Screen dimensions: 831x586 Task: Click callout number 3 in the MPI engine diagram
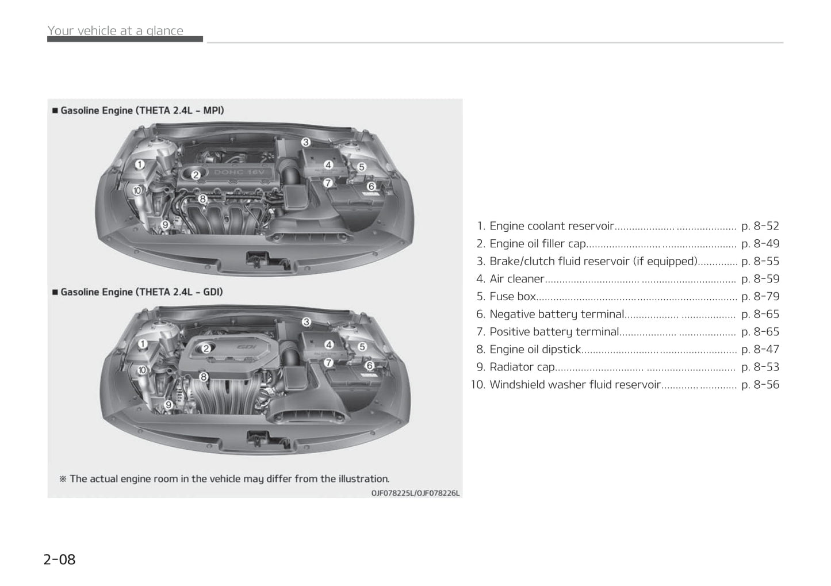(306, 142)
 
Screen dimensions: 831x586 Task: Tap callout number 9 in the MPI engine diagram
(166, 224)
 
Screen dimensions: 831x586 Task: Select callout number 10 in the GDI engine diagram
(142, 370)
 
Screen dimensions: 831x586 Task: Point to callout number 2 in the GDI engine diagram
(206, 348)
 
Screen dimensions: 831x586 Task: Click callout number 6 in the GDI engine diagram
(370, 366)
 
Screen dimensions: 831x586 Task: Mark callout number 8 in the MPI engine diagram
(202, 199)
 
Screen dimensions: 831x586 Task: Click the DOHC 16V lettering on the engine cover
(239, 173)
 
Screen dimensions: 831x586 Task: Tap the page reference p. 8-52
(760, 226)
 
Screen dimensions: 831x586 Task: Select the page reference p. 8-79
(760, 296)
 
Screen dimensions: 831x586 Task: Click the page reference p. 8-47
(760, 350)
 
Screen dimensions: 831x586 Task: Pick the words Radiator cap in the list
(522, 367)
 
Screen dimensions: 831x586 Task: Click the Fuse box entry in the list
(513, 296)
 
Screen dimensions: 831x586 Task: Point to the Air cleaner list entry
(517, 279)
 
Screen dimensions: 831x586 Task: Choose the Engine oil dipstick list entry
(535, 350)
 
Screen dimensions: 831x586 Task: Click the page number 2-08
(59, 560)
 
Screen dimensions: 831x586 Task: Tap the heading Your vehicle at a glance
(116, 30)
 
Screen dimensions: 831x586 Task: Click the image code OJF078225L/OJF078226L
(415, 493)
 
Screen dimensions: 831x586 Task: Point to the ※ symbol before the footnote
(63, 479)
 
